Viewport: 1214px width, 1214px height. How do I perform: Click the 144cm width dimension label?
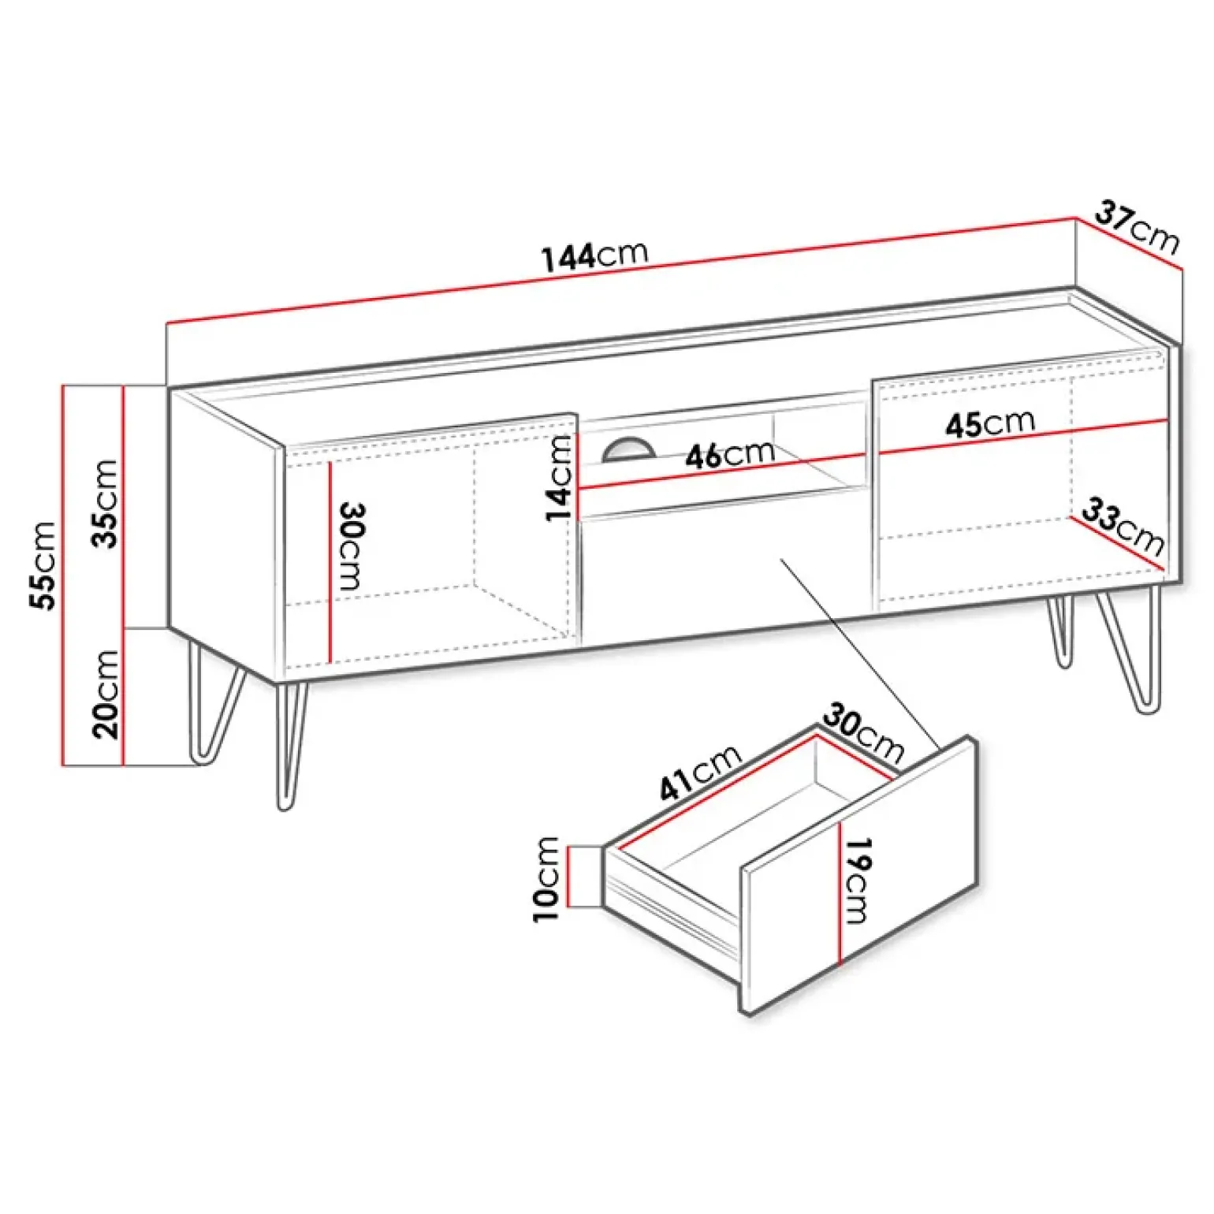click(595, 255)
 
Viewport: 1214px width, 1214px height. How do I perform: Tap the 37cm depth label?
click(1138, 228)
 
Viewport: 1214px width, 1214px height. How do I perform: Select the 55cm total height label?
click(43, 564)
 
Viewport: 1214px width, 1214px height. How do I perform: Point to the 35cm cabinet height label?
click(105, 504)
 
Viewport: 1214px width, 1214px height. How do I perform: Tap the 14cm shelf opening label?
click(559, 478)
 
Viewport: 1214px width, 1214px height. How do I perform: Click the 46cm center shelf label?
click(730, 455)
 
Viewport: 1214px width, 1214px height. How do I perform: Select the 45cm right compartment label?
click(990, 423)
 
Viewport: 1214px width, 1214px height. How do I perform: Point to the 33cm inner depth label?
click(1122, 527)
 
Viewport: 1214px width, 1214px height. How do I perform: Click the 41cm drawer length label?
click(700, 772)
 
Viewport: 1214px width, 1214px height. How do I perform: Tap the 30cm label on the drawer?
click(863, 734)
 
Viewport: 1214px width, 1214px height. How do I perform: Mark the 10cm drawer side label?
click(546, 878)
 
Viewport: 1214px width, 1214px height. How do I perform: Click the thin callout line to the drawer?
click(859, 654)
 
